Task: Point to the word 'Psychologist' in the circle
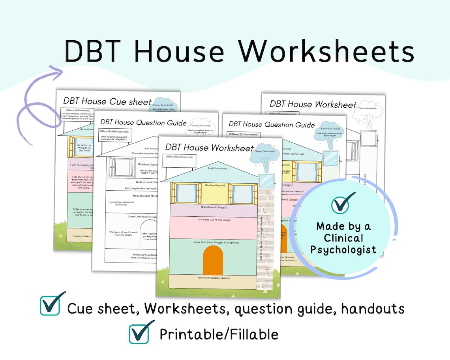(343, 249)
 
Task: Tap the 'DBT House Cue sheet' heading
(107, 101)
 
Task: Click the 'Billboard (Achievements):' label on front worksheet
(182, 157)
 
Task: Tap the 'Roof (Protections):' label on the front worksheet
(218, 168)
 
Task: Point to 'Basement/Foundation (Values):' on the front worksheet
(213, 278)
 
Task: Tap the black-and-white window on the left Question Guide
(122, 167)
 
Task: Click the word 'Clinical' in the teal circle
(343, 238)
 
